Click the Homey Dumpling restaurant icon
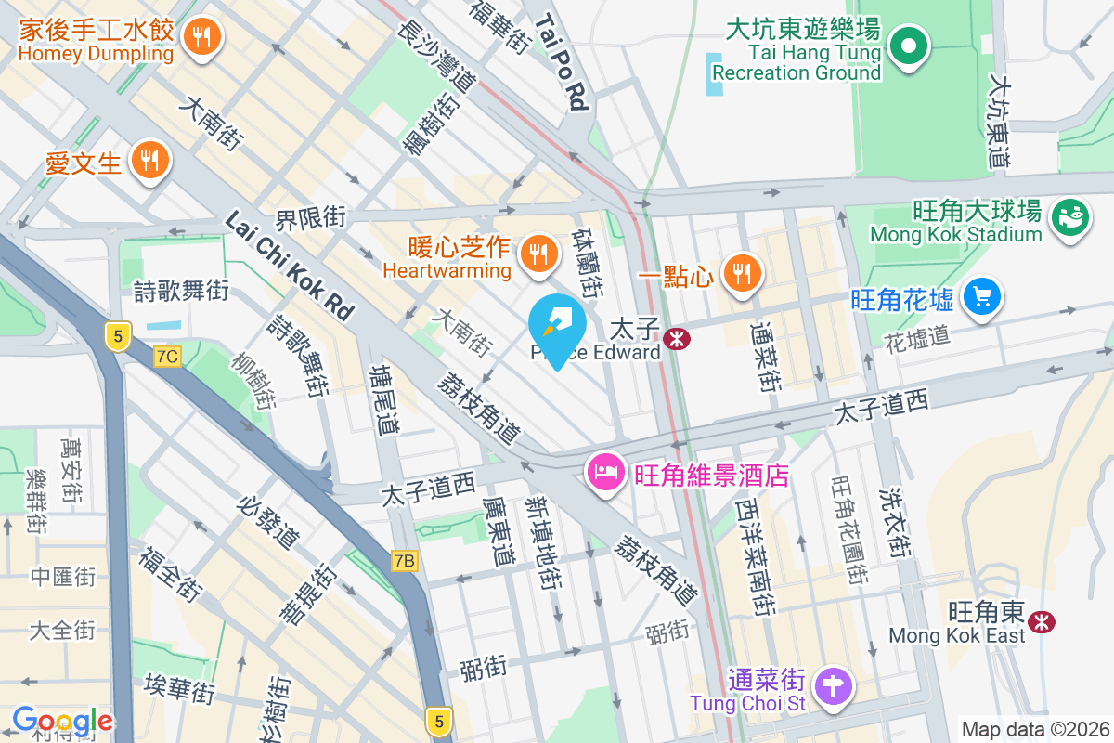click(200, 38)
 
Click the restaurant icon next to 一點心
click(742, 273)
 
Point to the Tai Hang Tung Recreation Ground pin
click(909, 46)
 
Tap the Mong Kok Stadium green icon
click(1069, 220)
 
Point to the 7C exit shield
click(168, 356)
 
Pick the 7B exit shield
click(404, 561)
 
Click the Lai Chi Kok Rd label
click(290, 266)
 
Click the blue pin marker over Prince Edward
click(557, 327)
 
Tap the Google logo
click(62, 721)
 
